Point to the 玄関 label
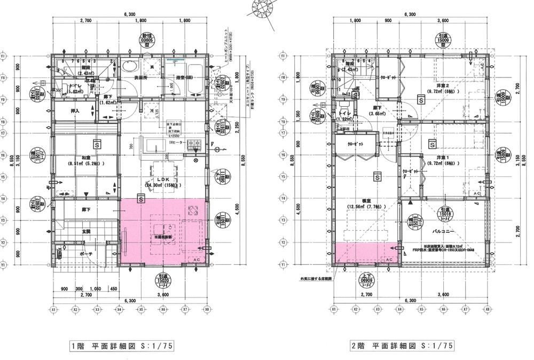pos(85,231)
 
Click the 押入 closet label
pos(75,111)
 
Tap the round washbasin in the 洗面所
pos(129,67)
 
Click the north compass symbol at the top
pos(263,9)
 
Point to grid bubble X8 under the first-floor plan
pos(207,309)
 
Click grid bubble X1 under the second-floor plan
pos(333,309)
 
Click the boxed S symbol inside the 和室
pos(97,144)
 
